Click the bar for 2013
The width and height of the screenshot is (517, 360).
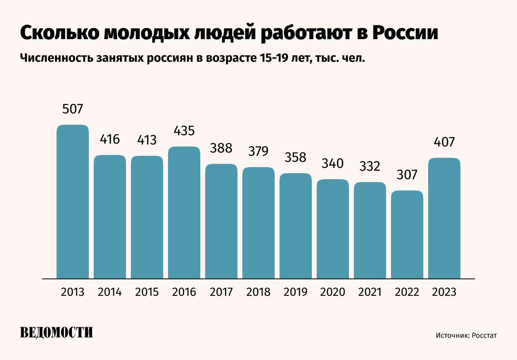(73, 202)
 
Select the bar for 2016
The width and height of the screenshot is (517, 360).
(184, 213)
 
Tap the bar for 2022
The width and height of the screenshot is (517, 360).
(407, 234)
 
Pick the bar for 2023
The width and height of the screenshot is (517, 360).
(444, 218)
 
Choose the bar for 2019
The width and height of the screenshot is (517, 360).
(296, 226)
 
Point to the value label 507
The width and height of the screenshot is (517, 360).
(73, 109)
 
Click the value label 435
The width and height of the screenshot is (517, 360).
(184, 131)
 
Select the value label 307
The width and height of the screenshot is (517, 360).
(407, 175)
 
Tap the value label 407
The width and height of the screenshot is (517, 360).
(444, 142)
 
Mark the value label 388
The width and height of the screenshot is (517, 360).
(221, 148)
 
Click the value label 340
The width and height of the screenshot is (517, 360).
(333, 163)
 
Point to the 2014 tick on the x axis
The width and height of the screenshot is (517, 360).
(110, 292)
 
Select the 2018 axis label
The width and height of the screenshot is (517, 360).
(258, 292)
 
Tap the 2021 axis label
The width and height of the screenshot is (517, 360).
(370, 292)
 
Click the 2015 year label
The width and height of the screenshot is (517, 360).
(147, 292)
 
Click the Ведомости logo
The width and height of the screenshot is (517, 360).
(57, 332)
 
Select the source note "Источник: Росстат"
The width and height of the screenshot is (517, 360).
(466, 335)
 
